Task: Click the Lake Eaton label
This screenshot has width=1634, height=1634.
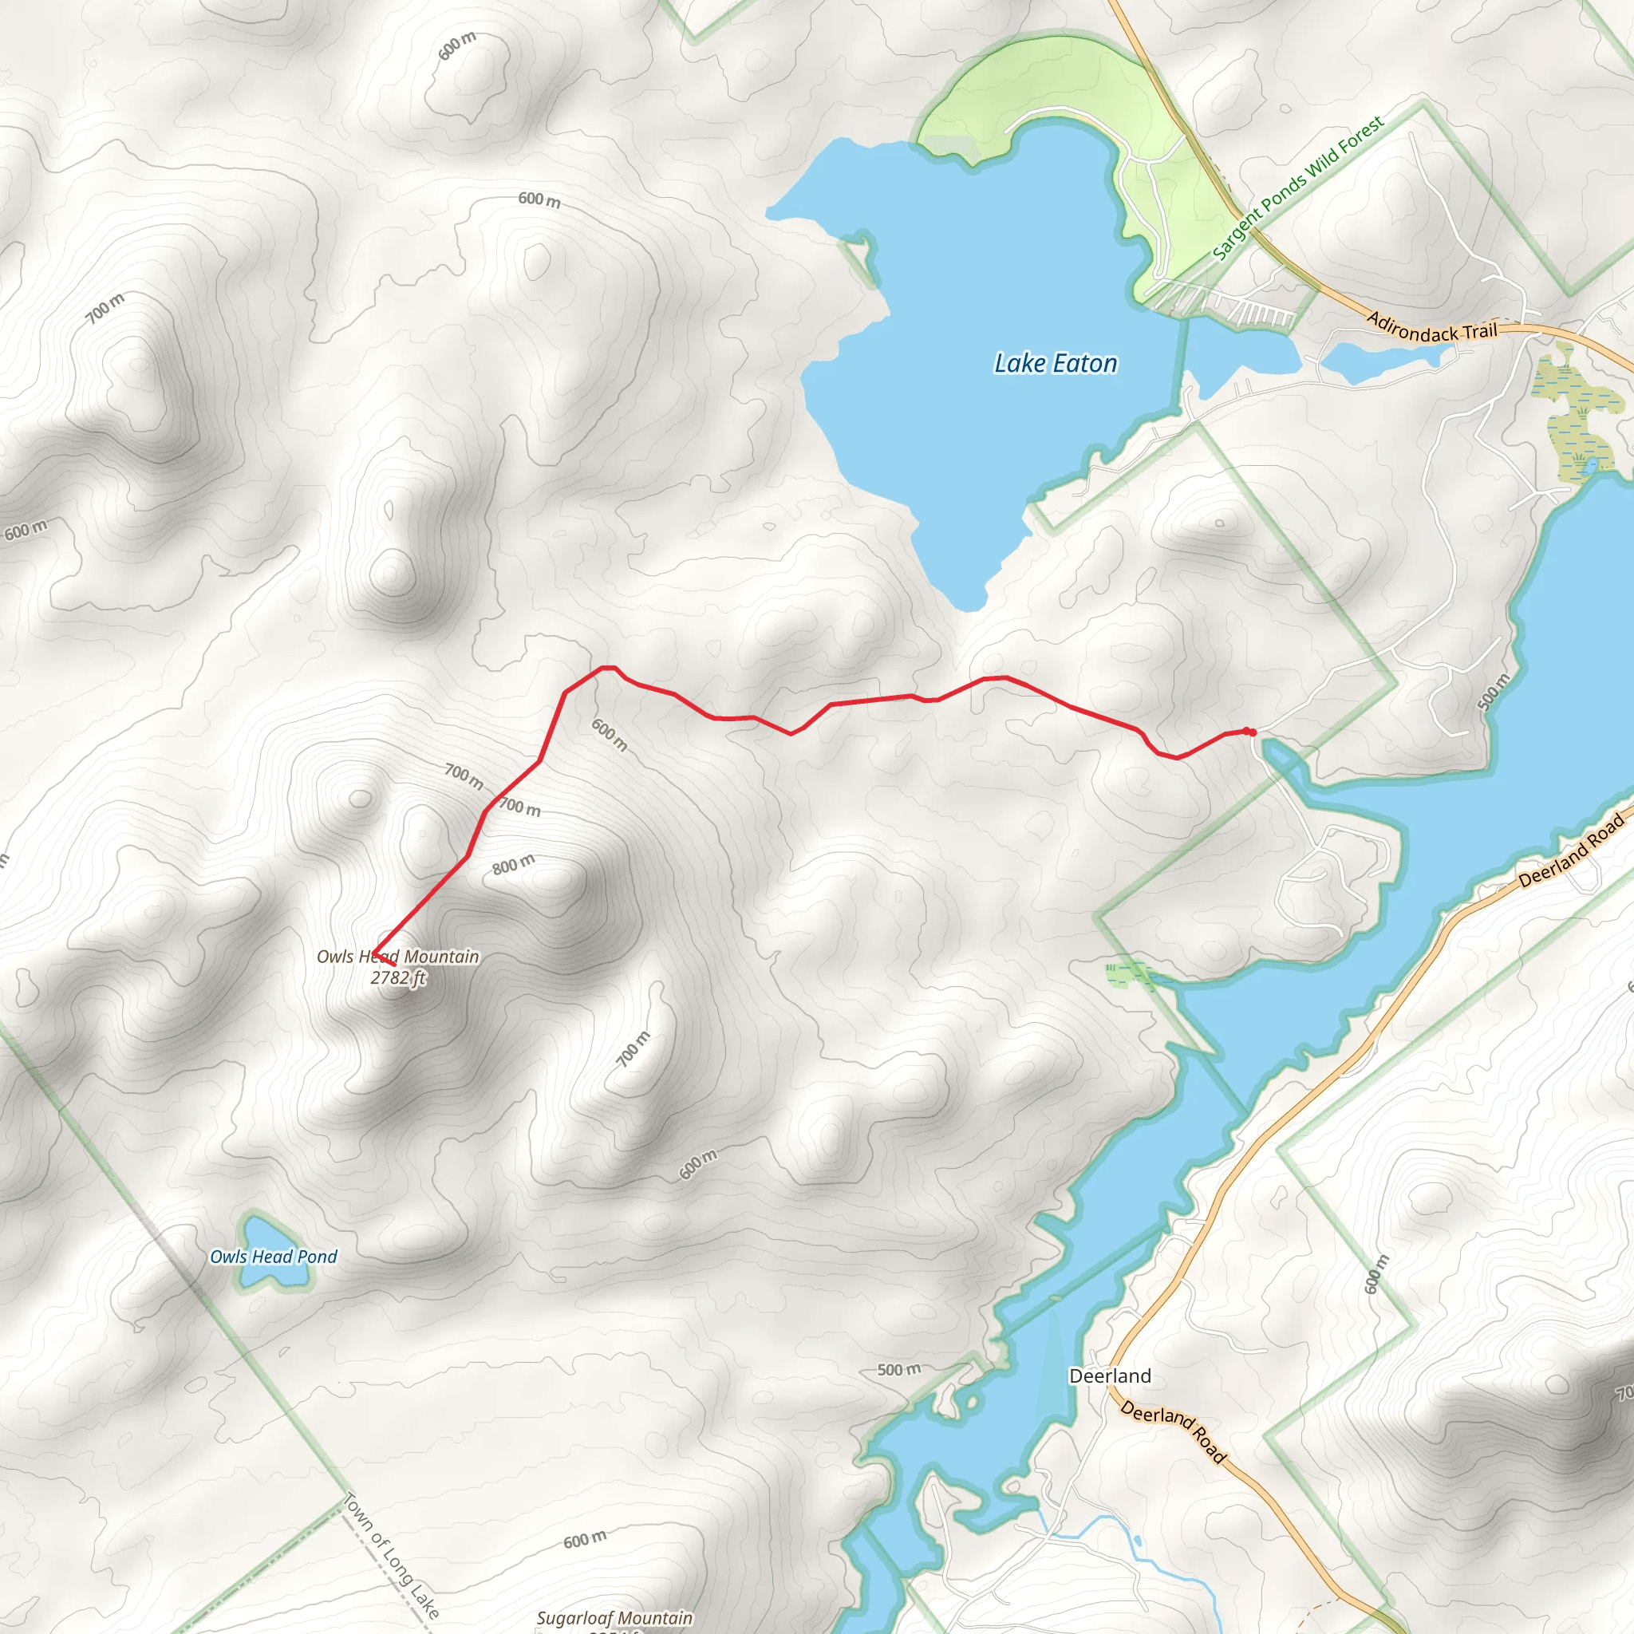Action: click(1055, 364)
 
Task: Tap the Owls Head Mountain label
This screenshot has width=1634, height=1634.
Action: click(397, 957)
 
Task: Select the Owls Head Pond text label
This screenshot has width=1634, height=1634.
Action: click(273, 1257)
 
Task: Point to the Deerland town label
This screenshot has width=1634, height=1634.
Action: click(1110, 1376)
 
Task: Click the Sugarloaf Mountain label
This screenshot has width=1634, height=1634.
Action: click(614, 1618)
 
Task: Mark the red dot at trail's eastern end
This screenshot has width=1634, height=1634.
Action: click(1249, 732)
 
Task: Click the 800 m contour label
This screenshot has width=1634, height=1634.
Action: click(513, 864)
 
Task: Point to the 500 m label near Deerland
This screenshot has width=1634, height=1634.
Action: click(898, 1369)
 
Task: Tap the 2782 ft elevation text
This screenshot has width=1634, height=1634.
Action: click(397, 977)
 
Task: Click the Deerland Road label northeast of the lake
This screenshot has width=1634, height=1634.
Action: click(1570, 851)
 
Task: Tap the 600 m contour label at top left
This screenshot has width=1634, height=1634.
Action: click(457, 45)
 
